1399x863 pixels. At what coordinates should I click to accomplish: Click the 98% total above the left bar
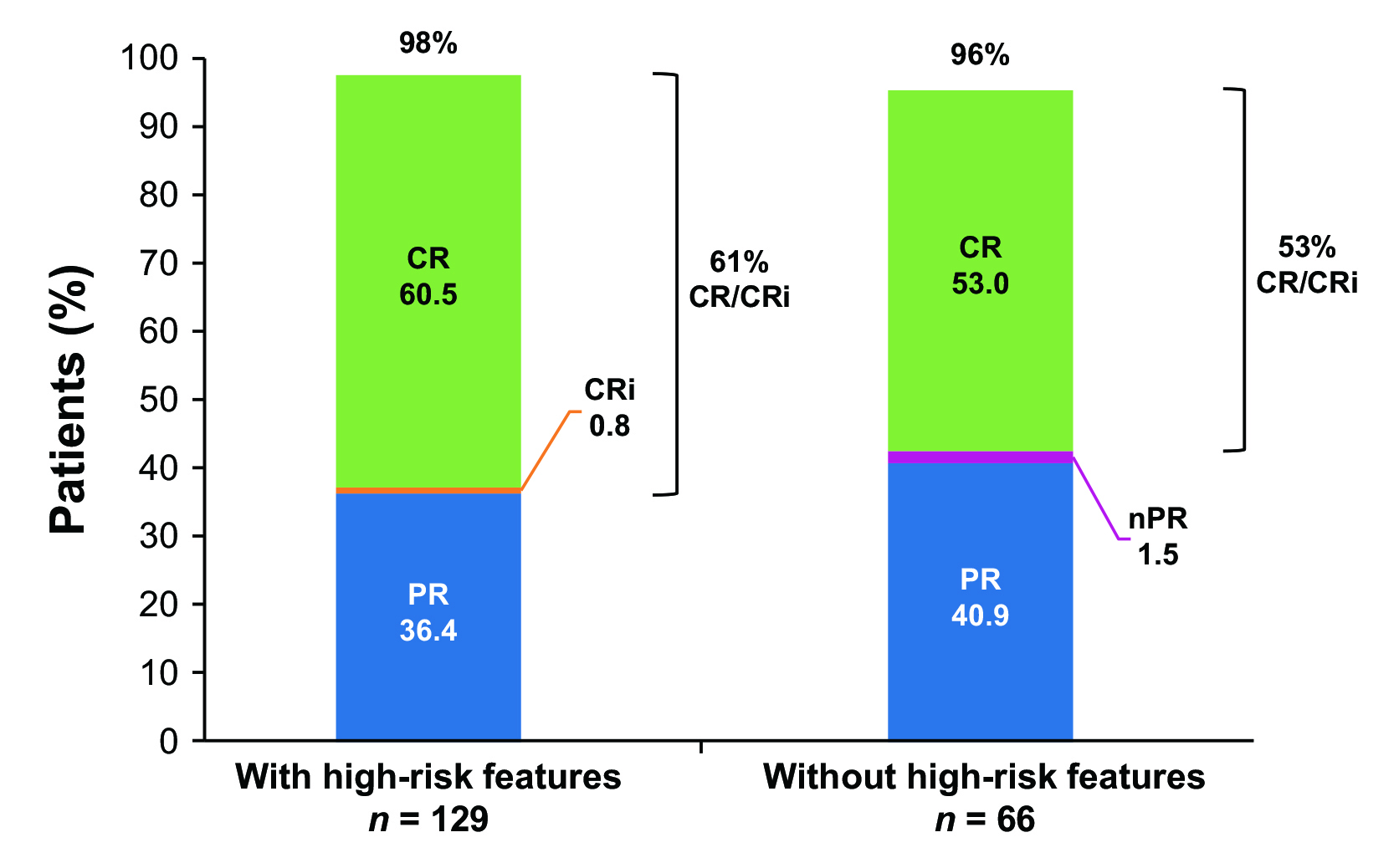click(x=428, y=43)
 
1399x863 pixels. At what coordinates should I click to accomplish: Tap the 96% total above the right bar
click(x=980, y=55)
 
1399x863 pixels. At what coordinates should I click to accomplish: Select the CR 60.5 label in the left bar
click(x=428, y=277)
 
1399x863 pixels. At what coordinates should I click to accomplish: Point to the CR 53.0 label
click(x=980, y=266)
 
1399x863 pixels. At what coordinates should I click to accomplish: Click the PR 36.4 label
click(x=428, y=612)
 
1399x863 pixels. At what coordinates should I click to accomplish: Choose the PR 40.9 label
click(x=980, y=598)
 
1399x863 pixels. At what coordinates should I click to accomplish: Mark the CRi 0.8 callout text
click(x=610, y=408)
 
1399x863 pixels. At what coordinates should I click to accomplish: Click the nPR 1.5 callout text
click(x=1158, y=537)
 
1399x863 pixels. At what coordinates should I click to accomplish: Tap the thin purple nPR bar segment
click(x=980, y=457)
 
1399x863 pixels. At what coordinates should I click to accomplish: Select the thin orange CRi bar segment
click(x=428, y=490)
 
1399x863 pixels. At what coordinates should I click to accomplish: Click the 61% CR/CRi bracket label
click(x=739, y=280)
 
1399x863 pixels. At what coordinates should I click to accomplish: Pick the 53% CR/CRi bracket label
click(x=1306, y=265)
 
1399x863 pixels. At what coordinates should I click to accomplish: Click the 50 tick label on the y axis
click(x=159, y=400)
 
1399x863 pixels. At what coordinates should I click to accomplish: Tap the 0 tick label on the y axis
click(x=169, y=741)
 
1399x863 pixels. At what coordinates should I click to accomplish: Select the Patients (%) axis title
click(x=69, y=400)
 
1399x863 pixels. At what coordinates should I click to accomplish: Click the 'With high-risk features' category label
click(x=428, y=777)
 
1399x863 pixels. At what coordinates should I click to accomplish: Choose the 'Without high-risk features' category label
click(x=984, y=777)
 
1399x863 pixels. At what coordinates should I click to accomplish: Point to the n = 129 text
click(x=428, y=820)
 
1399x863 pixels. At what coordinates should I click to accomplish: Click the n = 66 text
click(x=984, y=820)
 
